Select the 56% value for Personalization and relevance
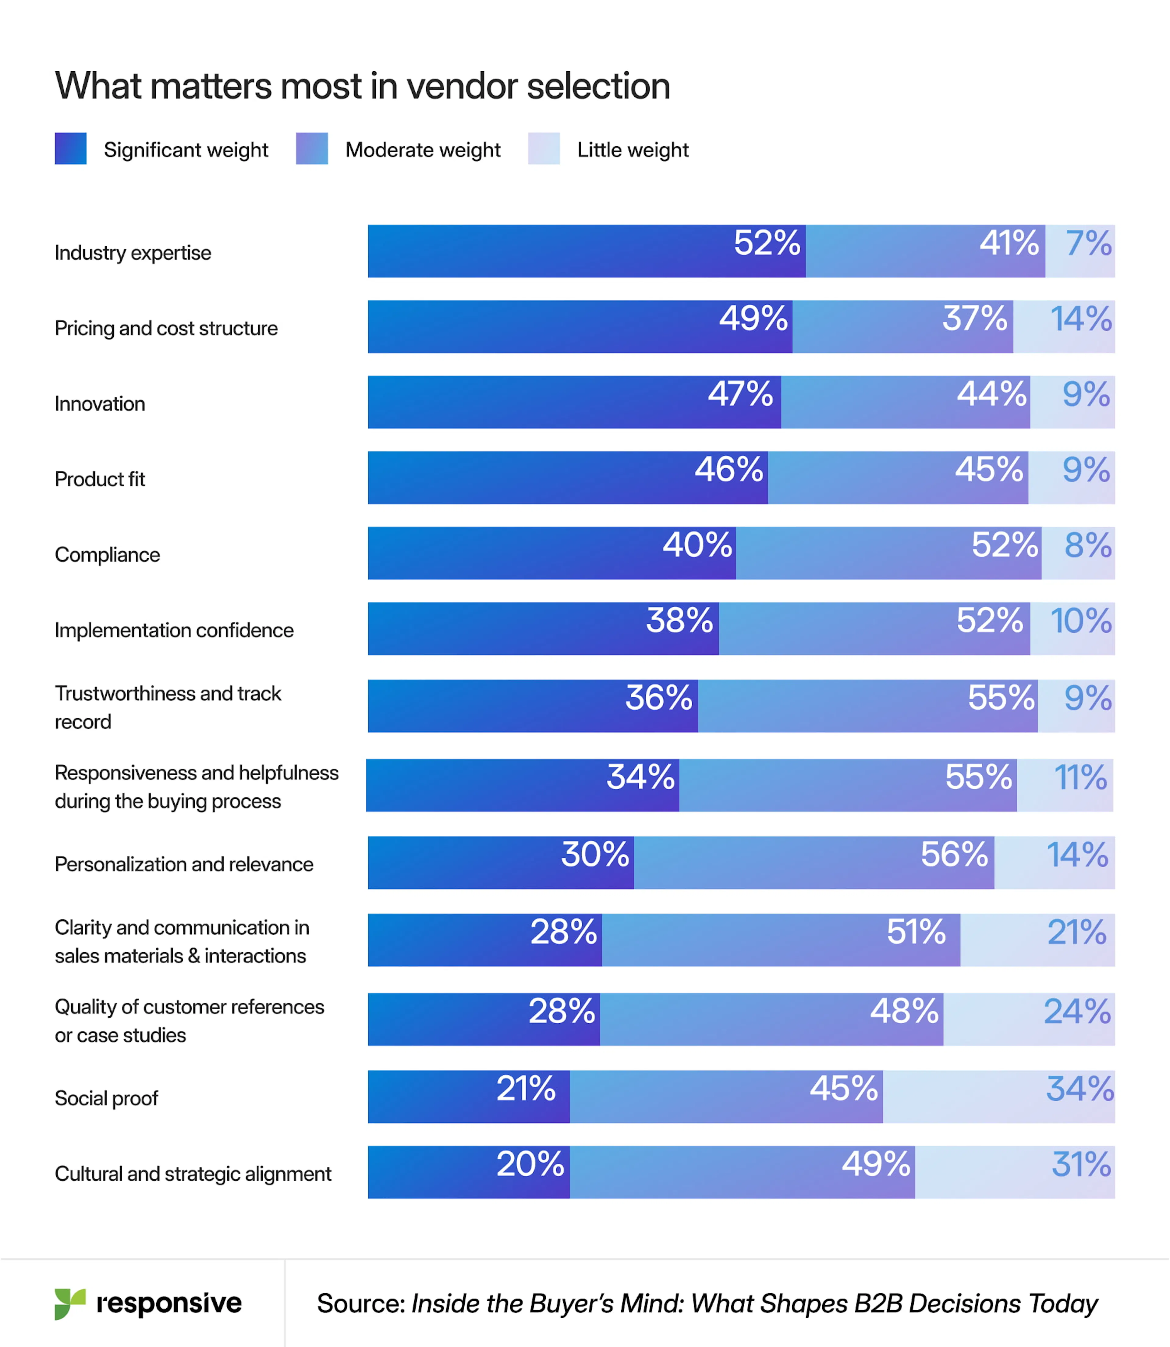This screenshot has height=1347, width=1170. tap(954, 854)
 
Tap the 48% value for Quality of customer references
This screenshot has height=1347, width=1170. tap(904, 1011)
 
